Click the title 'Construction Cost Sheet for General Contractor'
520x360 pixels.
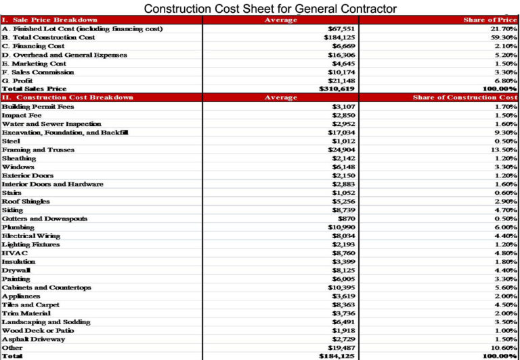270,8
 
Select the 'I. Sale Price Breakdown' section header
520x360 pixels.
50,20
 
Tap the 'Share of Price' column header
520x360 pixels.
490,20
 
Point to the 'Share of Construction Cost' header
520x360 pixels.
464,97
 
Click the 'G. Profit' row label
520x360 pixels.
18,81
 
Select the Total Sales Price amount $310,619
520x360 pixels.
337,89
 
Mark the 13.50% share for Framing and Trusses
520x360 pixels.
504,150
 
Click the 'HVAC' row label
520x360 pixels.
15,253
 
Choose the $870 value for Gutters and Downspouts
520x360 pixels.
346,219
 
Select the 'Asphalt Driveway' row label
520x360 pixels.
33,339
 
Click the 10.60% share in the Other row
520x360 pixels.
504,348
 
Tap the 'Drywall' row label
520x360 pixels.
16,270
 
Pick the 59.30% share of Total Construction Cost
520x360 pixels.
504,38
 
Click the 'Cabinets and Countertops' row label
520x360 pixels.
46,288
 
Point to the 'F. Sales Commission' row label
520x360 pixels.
38,72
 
